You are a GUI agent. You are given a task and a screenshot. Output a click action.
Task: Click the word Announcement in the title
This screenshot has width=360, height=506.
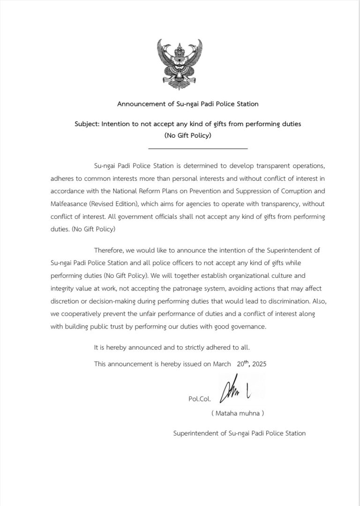[139, 104]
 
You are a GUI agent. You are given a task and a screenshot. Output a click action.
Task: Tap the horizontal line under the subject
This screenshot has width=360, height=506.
[197, 149]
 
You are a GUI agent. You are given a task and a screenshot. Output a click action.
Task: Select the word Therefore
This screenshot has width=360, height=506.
[109, 251]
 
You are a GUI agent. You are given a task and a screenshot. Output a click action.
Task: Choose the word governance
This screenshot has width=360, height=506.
[248, 327]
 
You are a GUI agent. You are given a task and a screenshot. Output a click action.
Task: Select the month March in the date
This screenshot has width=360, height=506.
[222, 364]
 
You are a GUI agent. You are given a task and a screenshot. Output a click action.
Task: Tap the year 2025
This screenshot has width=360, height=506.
[259, 364]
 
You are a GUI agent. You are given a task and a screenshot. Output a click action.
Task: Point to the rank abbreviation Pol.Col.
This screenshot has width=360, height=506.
[200, 400]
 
